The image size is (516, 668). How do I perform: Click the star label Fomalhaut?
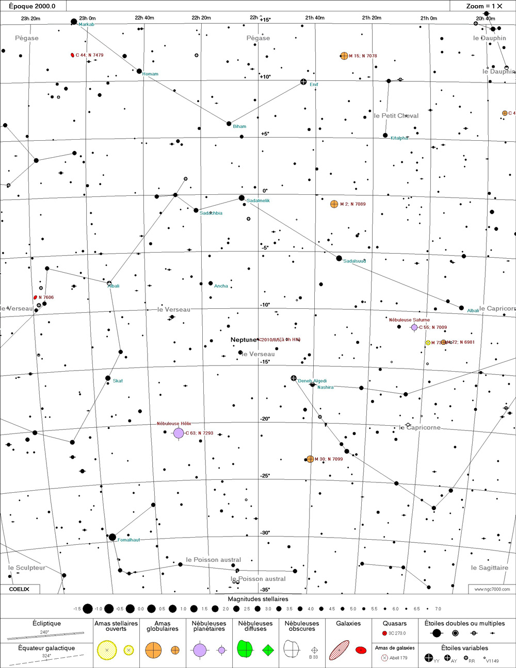[128, 540]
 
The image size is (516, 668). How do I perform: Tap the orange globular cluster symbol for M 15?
[344, 56]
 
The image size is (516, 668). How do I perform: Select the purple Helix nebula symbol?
[179, 433]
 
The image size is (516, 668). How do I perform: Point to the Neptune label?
[243, 340]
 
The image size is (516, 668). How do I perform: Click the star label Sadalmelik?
[258, 201]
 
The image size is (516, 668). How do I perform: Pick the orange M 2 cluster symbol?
[334, 204]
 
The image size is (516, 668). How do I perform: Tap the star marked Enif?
[304, 82]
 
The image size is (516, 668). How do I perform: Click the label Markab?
[87, 24]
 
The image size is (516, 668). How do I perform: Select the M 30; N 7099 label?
[329, 459]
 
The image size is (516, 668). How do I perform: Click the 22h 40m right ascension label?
[144, 18]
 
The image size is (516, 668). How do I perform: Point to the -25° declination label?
[265, 476]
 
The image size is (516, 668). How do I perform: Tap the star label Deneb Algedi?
[312, 381]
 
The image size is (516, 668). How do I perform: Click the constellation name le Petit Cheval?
[396, 115]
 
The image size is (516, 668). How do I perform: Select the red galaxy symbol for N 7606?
[36, 297]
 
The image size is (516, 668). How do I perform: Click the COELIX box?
[20, 589]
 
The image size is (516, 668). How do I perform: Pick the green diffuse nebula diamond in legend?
[268, 650]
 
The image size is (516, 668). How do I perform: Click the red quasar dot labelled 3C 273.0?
[384, 633]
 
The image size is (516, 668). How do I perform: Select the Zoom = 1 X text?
[483, 6]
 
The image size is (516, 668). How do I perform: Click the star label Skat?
[118, 380]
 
